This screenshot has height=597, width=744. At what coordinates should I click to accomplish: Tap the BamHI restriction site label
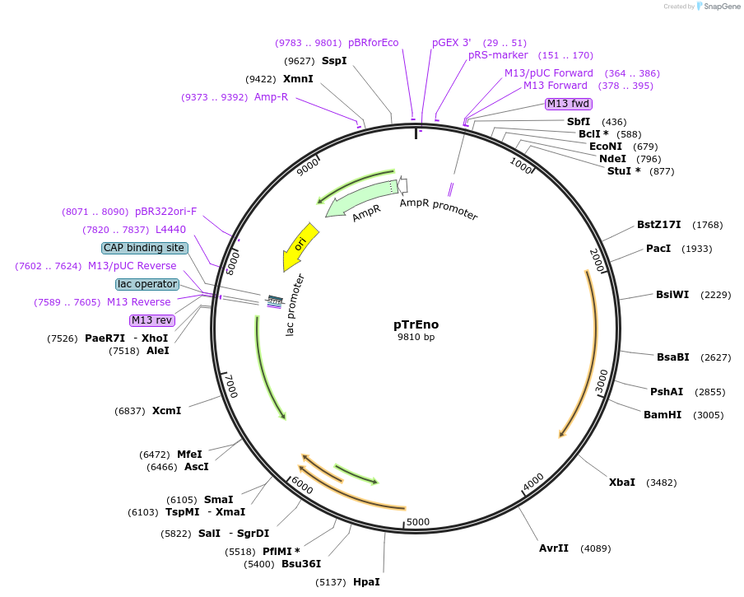coord(663,414)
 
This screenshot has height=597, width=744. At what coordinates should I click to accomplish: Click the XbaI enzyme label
coord(621,482)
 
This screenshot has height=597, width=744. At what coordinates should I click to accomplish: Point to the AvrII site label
coord(554,548)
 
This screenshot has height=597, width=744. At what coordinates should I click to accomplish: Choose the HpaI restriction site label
coord(366,581)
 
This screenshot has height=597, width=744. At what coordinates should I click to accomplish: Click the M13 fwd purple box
coord(568,104)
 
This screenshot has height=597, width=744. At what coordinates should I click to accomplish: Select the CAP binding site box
coord(144,248)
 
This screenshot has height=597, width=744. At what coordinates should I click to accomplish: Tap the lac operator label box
coord(147,284)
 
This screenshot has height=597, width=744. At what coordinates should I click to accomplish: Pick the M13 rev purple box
coord(152,320)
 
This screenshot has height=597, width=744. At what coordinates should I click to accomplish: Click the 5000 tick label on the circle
coord(418,521)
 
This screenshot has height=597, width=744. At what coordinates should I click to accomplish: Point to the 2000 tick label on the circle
coord(597,259)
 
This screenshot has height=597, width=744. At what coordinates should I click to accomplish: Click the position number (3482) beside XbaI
coord(663,482)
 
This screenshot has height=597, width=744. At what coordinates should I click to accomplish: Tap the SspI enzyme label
coord(334,61)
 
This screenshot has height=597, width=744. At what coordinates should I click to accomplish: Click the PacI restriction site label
coord(658,248)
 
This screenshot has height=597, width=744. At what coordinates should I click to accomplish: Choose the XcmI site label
coord(166,410)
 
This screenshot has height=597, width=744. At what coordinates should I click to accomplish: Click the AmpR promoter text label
coord(439,209)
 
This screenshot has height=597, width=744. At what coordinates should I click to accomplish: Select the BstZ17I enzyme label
coord(659,225)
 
